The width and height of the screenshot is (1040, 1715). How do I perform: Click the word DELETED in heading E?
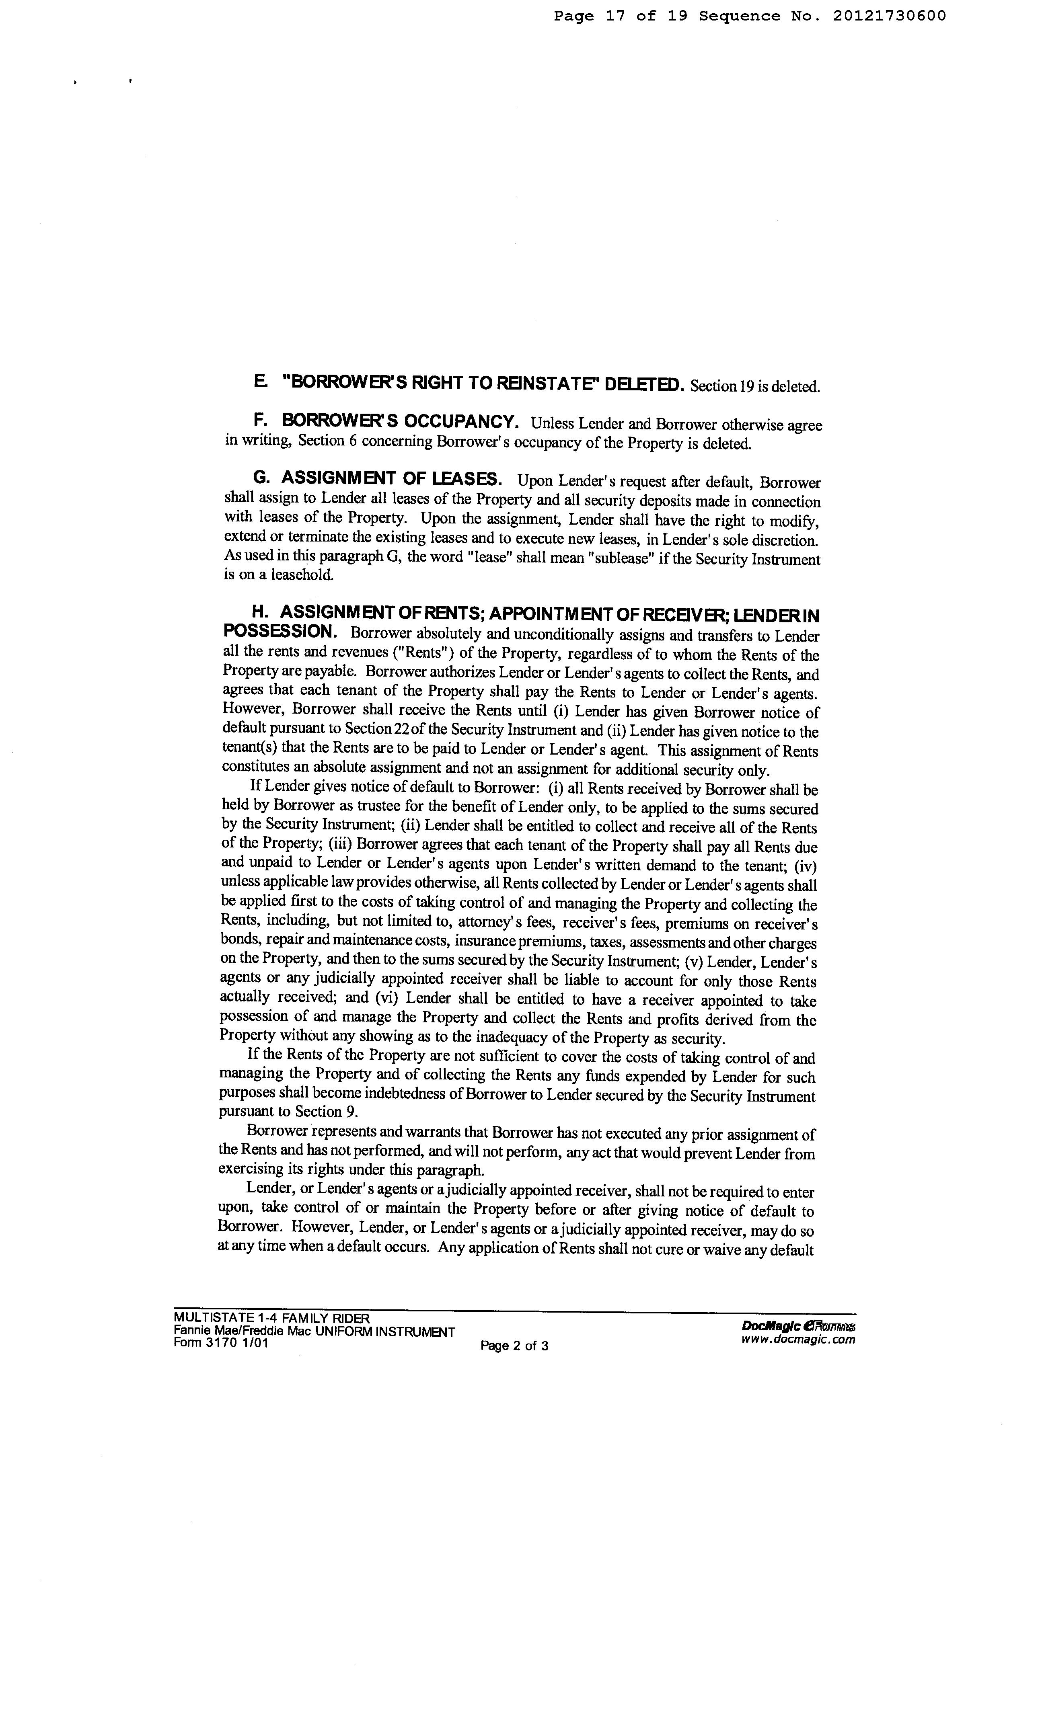point(645,384)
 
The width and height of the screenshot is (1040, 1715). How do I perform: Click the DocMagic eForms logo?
point(798,1327)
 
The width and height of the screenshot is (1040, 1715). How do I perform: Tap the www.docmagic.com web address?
point(798,1339)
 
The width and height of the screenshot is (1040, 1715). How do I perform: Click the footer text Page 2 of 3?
point(514,1346)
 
